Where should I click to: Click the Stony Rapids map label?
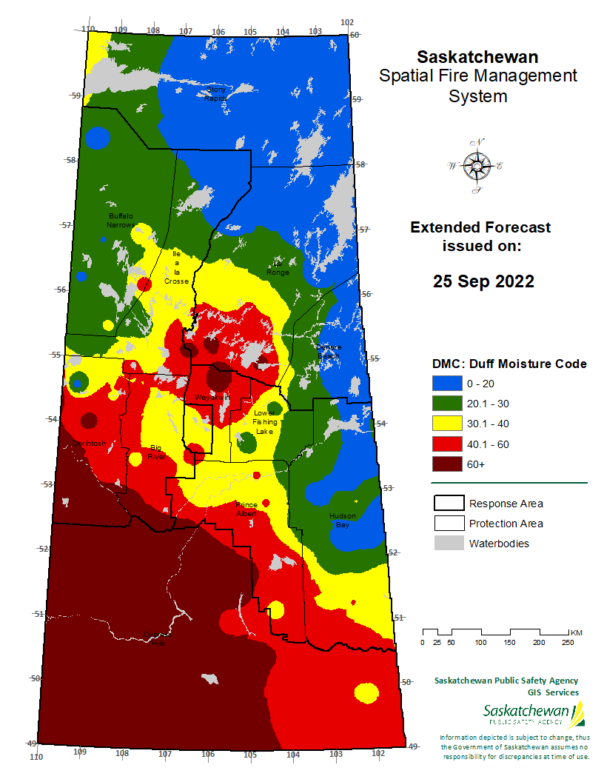(215, 93)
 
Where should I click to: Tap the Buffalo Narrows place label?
(120, 219)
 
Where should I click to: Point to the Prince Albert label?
(246, 509)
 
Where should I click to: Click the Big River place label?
(156, 452)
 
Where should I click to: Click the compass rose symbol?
(476, 166)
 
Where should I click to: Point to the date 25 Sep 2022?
(483, 282)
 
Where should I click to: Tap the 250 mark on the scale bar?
(568, 642)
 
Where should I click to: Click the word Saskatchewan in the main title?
(477, 57)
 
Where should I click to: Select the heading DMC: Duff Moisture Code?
(509, 364)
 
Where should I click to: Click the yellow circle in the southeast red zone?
(366, 693)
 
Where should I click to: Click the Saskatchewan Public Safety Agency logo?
(534, 715)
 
